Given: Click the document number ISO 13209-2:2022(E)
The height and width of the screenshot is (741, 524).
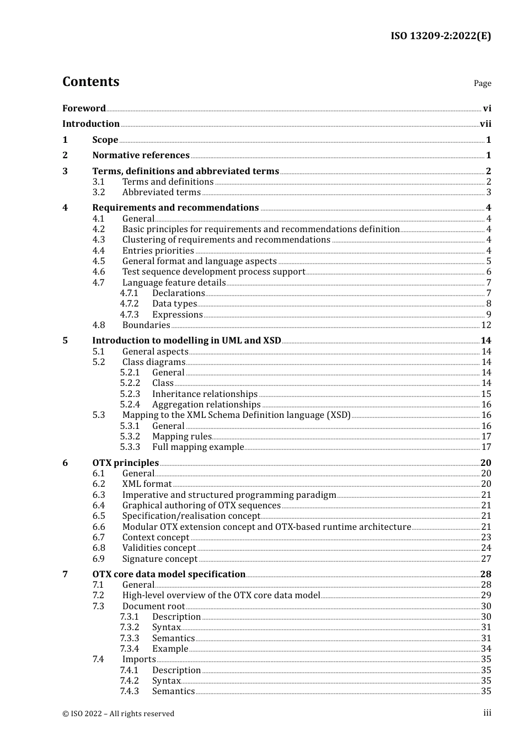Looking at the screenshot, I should tap(441, 36).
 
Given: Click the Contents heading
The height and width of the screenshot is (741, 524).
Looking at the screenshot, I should tap(90, 82).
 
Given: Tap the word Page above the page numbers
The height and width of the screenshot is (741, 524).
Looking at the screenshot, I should tap(482, 83).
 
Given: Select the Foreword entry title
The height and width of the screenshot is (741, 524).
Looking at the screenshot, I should tap(84, 109).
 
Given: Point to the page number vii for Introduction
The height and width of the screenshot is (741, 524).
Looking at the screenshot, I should tap(485, 124).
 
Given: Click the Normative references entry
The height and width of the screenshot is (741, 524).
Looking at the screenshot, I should tap(141, 155).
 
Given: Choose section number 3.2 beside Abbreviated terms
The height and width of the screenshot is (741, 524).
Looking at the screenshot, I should tap(99, 192).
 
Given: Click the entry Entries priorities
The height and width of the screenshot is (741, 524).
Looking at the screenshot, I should tap(158, 251).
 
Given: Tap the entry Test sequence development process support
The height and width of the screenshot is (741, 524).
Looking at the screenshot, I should tap(213, 272).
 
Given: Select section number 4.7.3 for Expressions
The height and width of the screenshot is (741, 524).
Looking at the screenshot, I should tap(130, 315).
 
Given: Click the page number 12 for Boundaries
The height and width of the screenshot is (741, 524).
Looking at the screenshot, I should tap(486, 325).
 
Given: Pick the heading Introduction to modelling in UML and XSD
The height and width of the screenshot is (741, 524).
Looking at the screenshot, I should tap(186, 341).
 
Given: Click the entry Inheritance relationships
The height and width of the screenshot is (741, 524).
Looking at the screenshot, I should tap(205, 394).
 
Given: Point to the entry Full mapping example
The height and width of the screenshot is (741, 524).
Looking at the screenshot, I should tap(197, 447).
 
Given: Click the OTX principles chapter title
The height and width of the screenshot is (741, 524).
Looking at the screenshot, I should tap(125, 463).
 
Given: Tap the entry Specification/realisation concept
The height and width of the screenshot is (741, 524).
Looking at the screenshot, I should tap(191, 516).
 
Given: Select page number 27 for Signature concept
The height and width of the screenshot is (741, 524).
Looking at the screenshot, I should tap(486, 559).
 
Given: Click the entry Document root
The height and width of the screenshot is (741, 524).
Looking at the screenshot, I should tap(153, 606).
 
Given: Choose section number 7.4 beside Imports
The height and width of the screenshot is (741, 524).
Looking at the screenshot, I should tap(98, 659).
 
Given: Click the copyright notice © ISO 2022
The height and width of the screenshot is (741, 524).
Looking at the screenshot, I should tap(118, 714).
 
